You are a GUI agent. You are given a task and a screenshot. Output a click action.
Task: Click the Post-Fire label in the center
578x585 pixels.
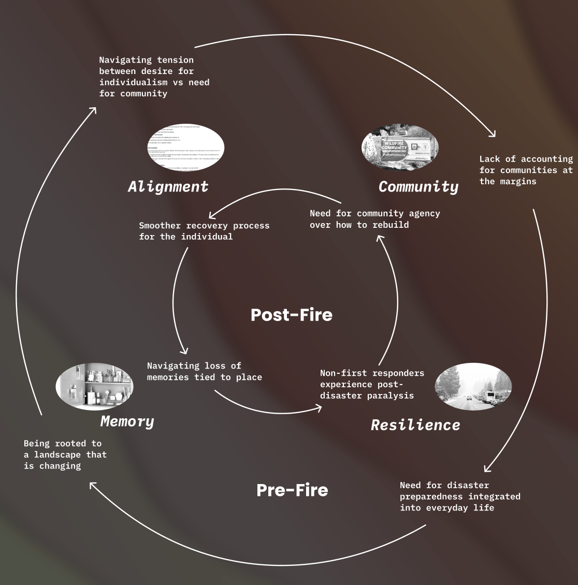[292, 315]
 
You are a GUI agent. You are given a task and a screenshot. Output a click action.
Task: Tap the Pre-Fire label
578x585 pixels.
[292, 490]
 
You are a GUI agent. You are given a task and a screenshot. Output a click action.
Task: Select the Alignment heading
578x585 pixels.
[168, 186]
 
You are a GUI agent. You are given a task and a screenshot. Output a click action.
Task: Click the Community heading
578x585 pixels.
[418, 187]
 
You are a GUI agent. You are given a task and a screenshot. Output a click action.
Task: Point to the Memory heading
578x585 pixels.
[127, 421]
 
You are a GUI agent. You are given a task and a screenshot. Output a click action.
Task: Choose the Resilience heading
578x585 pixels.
[415, 425]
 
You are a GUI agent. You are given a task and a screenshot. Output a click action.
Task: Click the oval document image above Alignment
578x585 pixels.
[185, 147]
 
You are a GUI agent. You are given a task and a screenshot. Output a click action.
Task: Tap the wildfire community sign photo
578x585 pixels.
[400, 147]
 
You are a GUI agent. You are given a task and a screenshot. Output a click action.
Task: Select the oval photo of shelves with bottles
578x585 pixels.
[94, 386]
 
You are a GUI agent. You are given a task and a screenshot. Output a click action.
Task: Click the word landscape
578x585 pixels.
[57, 455]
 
